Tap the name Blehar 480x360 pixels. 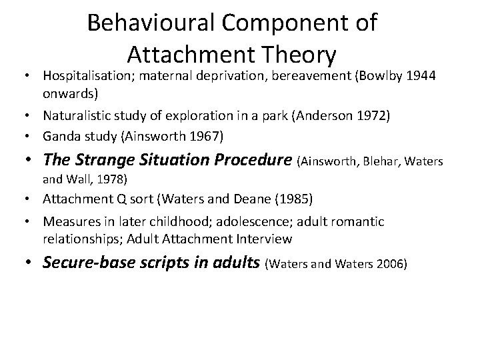point(383,162)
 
